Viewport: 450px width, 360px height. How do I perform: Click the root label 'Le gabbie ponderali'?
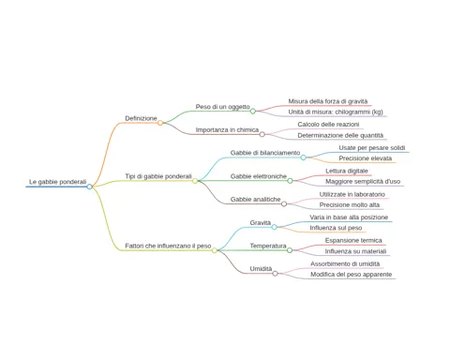(57, 182)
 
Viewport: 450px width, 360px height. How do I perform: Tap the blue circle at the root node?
(90, 187)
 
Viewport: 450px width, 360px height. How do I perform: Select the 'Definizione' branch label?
(141, 118)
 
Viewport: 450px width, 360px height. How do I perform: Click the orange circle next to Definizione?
(160, 123)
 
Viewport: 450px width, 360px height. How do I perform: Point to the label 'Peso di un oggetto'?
(223, 107)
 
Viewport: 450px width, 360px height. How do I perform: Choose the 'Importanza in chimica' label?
(227, 130)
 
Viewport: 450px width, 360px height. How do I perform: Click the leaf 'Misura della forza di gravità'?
(328, 101)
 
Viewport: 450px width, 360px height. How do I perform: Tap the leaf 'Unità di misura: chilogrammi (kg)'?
(336, 112)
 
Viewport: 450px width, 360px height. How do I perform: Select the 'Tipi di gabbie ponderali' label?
(158, 176)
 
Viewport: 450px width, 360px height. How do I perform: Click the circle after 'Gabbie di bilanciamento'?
(303, 157)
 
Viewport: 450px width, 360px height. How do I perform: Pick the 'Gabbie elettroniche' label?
(259, 176)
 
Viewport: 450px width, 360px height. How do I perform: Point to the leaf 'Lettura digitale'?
(347, 171)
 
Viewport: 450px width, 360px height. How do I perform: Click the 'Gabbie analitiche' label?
(256, 200)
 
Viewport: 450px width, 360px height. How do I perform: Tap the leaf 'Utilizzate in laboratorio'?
(352, 194)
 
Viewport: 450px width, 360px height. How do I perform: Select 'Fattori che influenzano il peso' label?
(168, 246)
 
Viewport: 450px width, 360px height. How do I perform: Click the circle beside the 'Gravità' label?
(274, 227)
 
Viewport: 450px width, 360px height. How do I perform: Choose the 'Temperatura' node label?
(268, 246)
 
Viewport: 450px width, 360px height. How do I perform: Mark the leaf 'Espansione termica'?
(353, 241)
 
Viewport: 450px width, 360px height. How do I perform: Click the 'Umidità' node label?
(261, 269)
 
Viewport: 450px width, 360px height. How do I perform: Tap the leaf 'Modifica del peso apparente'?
(352, 275)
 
